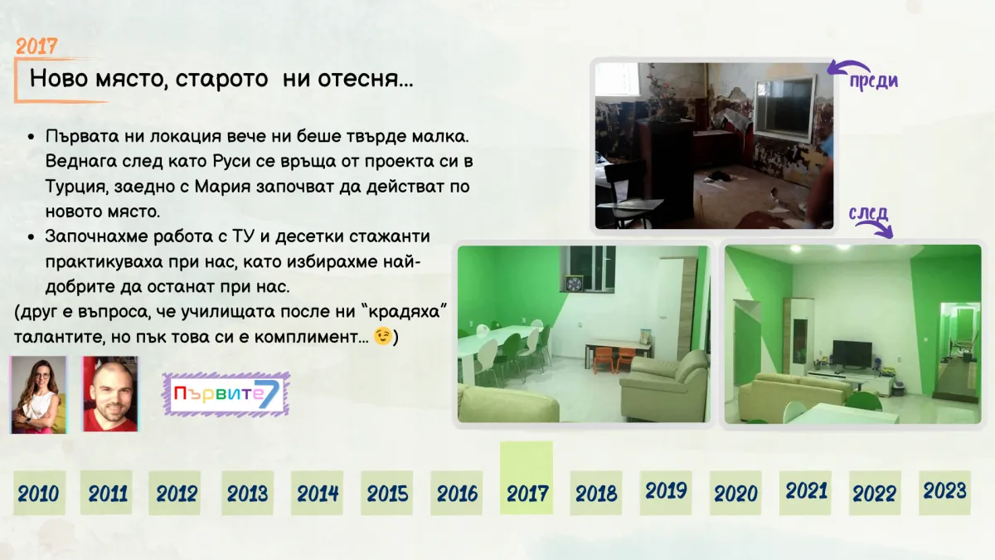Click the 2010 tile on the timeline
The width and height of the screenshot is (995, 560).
click(39, 493)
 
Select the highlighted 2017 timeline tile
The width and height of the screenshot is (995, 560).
click(527, 478)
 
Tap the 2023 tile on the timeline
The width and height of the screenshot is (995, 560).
click(944, 493)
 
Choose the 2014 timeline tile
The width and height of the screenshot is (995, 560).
click(317, 493)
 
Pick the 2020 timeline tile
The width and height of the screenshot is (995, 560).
click(735, 493)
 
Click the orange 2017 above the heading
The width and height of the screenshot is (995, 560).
click(36, 46)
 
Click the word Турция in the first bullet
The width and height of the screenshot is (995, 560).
click(76, 187)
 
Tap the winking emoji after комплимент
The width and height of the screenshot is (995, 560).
click(382, 337)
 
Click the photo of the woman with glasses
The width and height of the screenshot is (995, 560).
click(39, 394)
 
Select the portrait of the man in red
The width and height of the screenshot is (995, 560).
click(110, 394)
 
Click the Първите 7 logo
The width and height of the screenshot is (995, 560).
click(226, 394)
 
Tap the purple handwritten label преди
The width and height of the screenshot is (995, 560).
click(874, 80)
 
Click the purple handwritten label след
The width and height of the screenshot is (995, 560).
click(868, 213)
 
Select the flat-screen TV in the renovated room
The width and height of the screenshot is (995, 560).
click(852, 354)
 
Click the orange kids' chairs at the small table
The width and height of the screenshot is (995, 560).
click(615, 359)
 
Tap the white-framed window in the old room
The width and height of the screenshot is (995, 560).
click(785, 108)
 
